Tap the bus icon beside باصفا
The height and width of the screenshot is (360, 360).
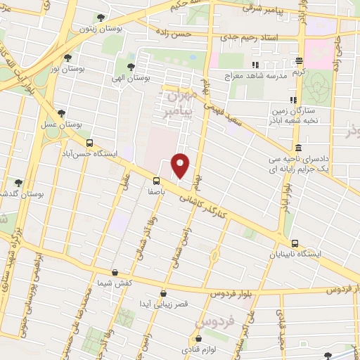(x=156, y=181)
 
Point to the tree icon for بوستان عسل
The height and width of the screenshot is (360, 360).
(x=62, y=113)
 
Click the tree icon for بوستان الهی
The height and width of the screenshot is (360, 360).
(x=131, y=67)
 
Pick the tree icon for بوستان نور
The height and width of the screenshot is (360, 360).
(x=67, y=58)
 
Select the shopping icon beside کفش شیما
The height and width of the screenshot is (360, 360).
(x=115, y=271)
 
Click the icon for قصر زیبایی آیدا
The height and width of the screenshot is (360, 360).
(x=163, y=293)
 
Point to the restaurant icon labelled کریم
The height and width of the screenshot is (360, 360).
(x=300, y=61)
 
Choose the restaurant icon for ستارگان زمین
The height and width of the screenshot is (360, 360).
(x=293, y=101)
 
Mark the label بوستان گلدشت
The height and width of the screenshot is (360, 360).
(x=14, y=193)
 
